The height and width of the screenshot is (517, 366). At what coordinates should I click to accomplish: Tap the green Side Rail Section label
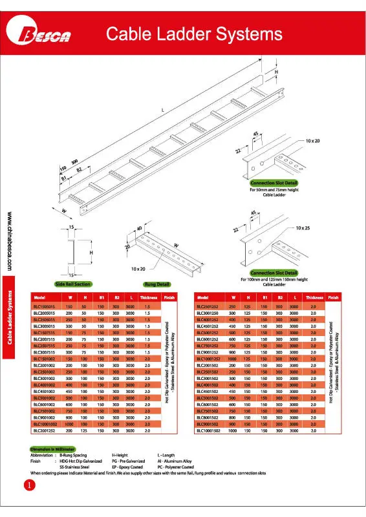(74, 283)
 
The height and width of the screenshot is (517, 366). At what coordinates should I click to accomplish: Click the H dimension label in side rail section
(91, 252)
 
